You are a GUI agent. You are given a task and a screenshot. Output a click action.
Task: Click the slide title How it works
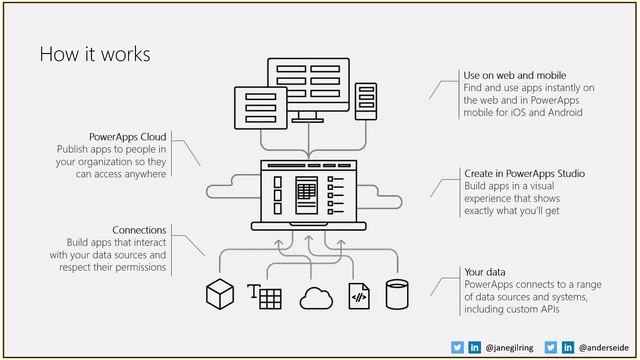pos(94,54)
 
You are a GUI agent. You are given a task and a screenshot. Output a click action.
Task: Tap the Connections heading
pos(139,230)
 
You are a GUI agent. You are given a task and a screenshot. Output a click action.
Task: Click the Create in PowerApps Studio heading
pos(524,173)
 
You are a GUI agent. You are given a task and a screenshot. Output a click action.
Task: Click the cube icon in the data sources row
pos(219,295)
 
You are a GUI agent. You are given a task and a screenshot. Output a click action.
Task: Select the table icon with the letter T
pos(264,296)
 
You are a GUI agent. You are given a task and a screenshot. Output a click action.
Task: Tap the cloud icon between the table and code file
pos(316,297)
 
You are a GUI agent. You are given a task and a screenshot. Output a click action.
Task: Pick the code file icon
pos(358,296)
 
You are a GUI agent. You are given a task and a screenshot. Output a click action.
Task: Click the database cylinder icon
pos(398,295)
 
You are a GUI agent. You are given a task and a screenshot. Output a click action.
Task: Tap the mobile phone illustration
pos(366,102)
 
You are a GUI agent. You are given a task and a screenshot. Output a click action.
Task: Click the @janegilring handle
pos(510,346)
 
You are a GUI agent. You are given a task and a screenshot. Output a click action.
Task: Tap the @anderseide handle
pos(602,346)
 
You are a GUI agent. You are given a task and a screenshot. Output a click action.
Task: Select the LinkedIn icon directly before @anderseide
pos(567,346)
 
